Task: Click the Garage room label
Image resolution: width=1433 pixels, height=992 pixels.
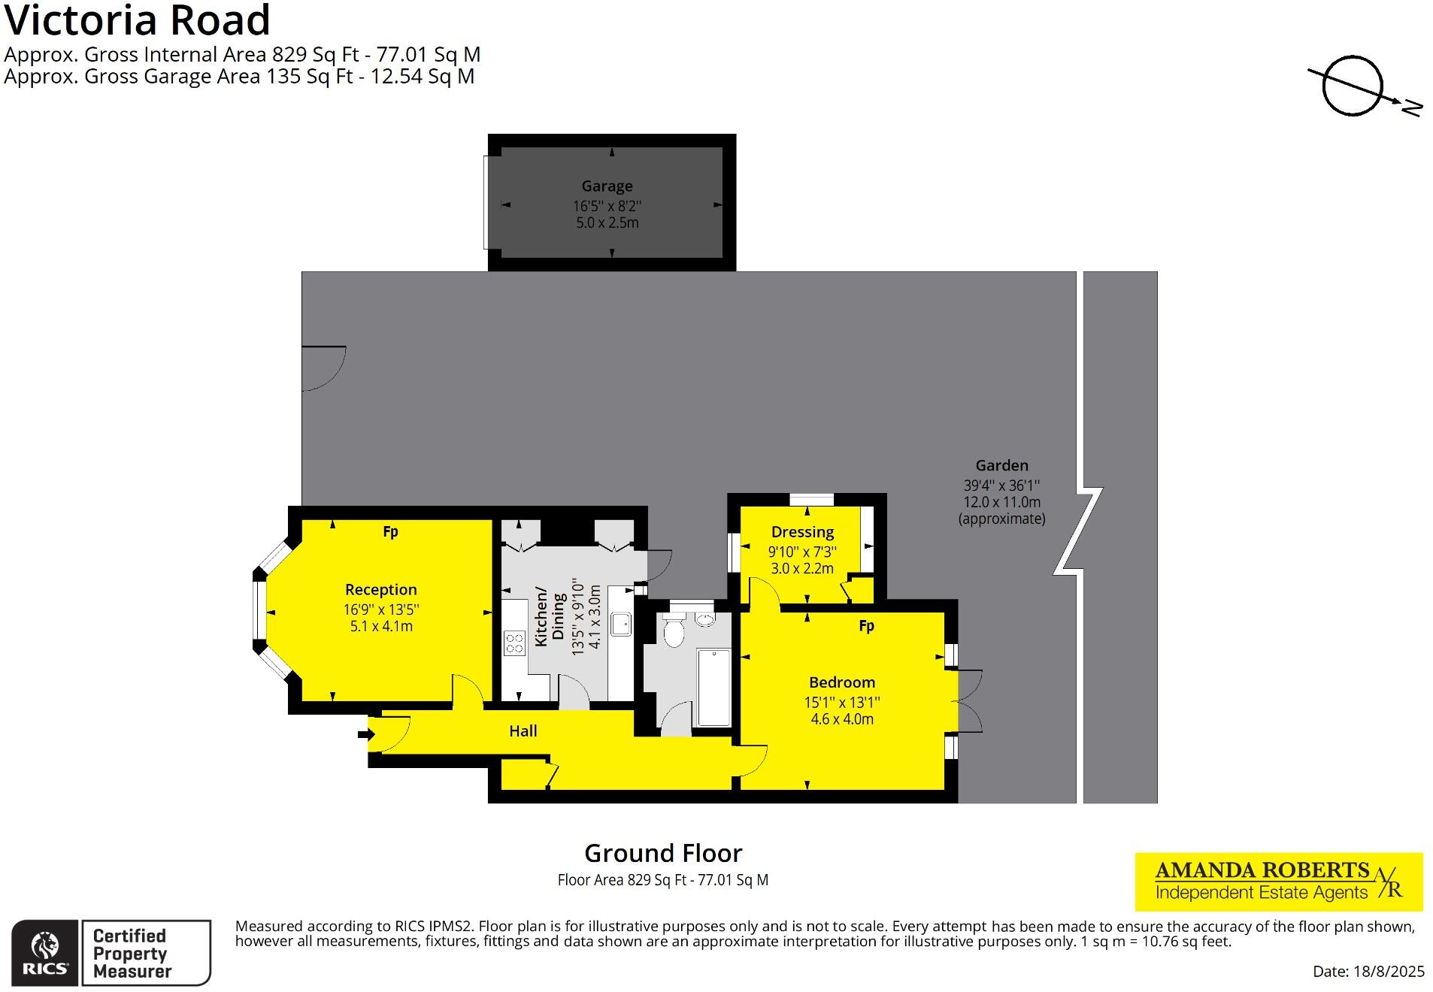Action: (x=606, y=186)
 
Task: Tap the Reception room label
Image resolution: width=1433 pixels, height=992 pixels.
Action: (x=380, y=589)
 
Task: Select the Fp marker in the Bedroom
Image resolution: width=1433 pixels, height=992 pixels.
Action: (x=866, y=625)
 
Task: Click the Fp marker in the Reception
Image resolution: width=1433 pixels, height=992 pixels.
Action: (x=390, y=531)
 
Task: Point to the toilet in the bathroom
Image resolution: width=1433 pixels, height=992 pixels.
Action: (x=674, y=631)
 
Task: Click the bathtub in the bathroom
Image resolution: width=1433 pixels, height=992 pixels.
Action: (x=713, y=688)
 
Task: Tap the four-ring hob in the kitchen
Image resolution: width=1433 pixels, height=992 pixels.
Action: (x=514, y=643)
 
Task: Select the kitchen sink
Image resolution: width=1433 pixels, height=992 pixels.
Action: (x=620, y=624)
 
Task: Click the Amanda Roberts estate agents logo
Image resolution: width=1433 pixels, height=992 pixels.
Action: (x=1278, y=881)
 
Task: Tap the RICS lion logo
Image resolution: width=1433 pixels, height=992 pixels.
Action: (x=44, y=951)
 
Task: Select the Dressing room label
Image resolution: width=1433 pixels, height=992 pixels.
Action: (x=802, y=531)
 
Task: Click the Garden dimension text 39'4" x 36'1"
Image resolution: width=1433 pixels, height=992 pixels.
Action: (x=1001, y=485)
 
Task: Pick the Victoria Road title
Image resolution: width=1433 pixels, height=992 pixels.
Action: (x=138, y=20)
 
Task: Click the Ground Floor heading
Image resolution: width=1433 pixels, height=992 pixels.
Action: (x=662, y=853)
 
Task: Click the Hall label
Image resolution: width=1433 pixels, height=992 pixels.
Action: (x=523, y=730)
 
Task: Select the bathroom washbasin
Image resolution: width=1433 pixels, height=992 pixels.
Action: (x=704, y=619)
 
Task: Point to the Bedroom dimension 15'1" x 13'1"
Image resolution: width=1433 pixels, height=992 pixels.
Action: (x=841, y=702)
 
